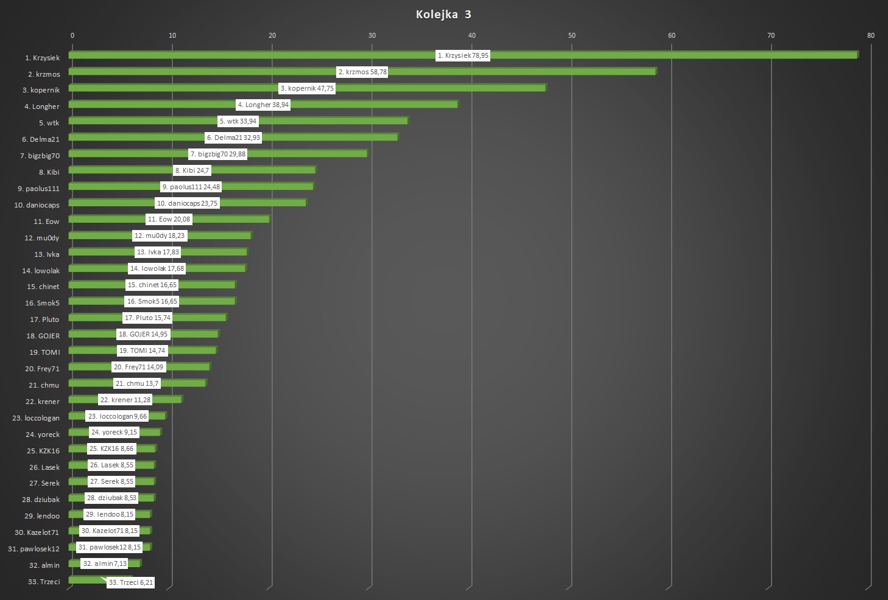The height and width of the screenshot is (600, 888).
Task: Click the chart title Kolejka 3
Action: [443, 15]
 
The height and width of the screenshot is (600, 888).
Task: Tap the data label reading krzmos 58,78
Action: [362, 72]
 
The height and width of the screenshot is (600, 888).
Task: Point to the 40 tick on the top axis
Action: [472, 35]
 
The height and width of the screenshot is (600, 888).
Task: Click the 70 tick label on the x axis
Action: [771, 35]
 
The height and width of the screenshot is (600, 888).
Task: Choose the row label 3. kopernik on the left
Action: [41, 90]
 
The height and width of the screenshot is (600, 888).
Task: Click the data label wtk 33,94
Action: [238, 121]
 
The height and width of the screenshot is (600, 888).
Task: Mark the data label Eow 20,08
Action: [169, 219]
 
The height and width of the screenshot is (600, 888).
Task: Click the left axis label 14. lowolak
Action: [41, 271]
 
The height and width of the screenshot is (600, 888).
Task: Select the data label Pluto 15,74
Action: [147, 318]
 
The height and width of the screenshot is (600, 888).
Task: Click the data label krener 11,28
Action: [125, 400]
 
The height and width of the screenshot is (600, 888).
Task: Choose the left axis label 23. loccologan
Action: [36, 418]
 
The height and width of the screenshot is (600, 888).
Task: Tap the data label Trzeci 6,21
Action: [131, 582]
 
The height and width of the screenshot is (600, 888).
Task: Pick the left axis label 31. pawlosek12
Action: [34, 549]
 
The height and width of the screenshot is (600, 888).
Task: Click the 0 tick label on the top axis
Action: [72, 35]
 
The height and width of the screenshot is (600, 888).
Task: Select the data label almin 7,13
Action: [105, 563]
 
